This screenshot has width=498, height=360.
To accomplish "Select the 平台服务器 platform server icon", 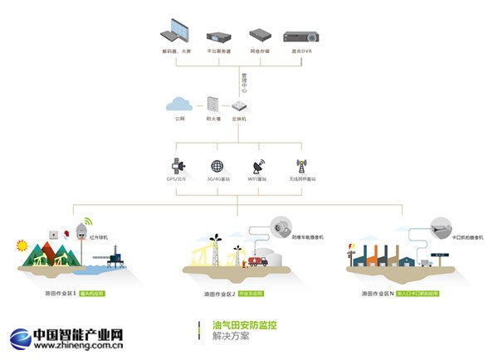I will [217, 36].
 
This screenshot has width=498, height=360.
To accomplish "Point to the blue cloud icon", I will [179, 104].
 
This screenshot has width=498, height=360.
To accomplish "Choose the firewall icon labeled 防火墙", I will [212, 105].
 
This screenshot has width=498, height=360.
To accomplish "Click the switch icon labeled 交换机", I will [239, 105].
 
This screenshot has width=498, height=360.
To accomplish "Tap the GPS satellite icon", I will [176, 166].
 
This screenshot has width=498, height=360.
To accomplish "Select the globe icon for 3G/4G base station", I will [217, 166].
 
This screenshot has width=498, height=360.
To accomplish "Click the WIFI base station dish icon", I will [258, 166].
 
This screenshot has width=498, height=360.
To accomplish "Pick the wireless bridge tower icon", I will [301, 166].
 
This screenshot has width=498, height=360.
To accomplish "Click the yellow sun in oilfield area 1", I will [22, 245].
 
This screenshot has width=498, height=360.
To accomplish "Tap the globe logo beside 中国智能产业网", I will [22, 338].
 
